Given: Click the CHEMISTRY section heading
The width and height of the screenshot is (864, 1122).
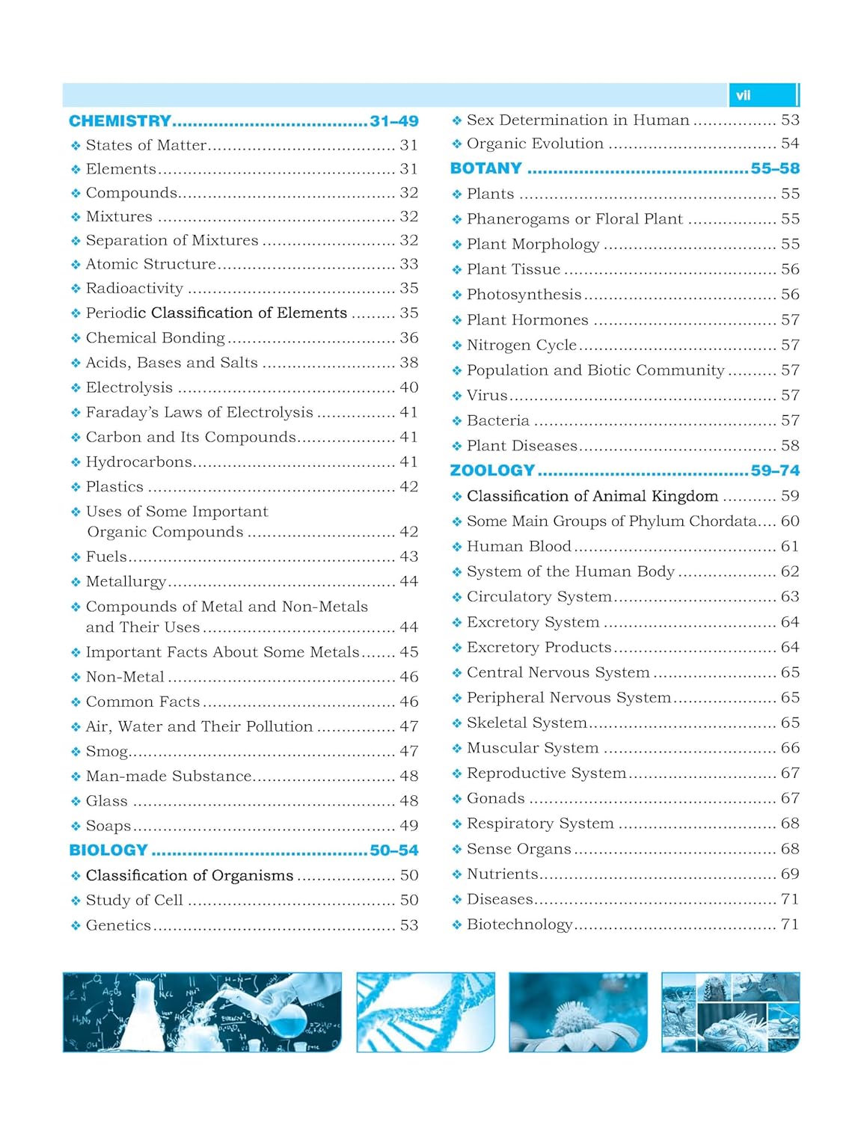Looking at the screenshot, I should pyautogui.click(x=120, y=121).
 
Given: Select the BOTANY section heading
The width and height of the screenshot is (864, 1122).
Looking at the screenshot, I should pyautogui.click(x=485, y=168).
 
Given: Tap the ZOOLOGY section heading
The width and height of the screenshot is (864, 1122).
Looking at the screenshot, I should pyautogui.click(x=492, y=470).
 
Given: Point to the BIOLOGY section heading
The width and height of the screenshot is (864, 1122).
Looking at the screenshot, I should pyautogui.click(x=108, y=850).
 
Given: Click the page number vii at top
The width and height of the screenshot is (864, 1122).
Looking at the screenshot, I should pyautogui.click(x=743, y=96).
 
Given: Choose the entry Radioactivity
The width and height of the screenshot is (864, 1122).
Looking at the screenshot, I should pyautogui.click(x=134, y=289).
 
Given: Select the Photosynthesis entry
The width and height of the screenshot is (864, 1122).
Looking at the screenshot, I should pyautogui.click(x=524, y=295).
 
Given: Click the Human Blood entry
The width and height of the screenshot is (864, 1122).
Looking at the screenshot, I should pyautogui.click(x=518, y=547).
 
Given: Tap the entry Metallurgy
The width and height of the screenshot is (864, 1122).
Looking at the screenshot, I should pyautogui.click(x=126, y=582).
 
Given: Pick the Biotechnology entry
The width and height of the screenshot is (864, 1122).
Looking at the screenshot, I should pyautogui.click(x=519, y=925).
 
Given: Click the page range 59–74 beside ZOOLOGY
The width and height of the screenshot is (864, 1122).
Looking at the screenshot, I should pyautogui.click(x=775, y=470).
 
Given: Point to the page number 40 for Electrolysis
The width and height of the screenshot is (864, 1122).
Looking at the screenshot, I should pyautogui.click(x=408, y=387).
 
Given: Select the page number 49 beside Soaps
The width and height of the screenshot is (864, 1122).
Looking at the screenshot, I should pyautogui.click(x=408, y=826).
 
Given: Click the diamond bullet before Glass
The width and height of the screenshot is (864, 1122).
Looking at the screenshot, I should pyautogui.click(x=76, y=802).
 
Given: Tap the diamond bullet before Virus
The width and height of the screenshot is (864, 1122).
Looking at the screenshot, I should pyautogui.click(x=456, y=396).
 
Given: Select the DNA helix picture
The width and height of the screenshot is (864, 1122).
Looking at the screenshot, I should pyautogui.click(x=425, y=1012).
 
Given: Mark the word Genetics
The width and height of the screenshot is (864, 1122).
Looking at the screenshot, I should pyautogui.click(x=118, y=925).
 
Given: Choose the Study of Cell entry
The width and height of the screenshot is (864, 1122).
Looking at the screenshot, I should pyautogui.click(x=134, y=901).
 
